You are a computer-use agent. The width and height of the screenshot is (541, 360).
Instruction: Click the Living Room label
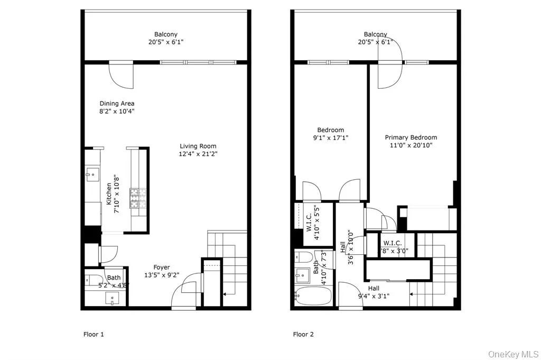198,146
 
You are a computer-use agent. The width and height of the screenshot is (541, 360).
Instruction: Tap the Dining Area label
117,104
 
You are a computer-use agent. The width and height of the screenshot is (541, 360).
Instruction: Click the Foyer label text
162,267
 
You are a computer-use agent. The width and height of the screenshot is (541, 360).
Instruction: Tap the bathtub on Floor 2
311,296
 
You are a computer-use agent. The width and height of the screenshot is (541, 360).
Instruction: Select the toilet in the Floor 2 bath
302,257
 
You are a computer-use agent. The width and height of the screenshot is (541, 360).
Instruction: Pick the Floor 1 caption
94,334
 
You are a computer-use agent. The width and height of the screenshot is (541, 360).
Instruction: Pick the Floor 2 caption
303,334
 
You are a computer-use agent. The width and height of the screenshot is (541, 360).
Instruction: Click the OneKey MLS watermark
512,352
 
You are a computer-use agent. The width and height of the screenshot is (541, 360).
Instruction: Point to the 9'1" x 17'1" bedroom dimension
330,138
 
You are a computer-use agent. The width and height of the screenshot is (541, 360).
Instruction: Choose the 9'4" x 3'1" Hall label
374,292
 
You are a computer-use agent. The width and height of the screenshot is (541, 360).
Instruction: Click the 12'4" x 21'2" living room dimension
198,154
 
